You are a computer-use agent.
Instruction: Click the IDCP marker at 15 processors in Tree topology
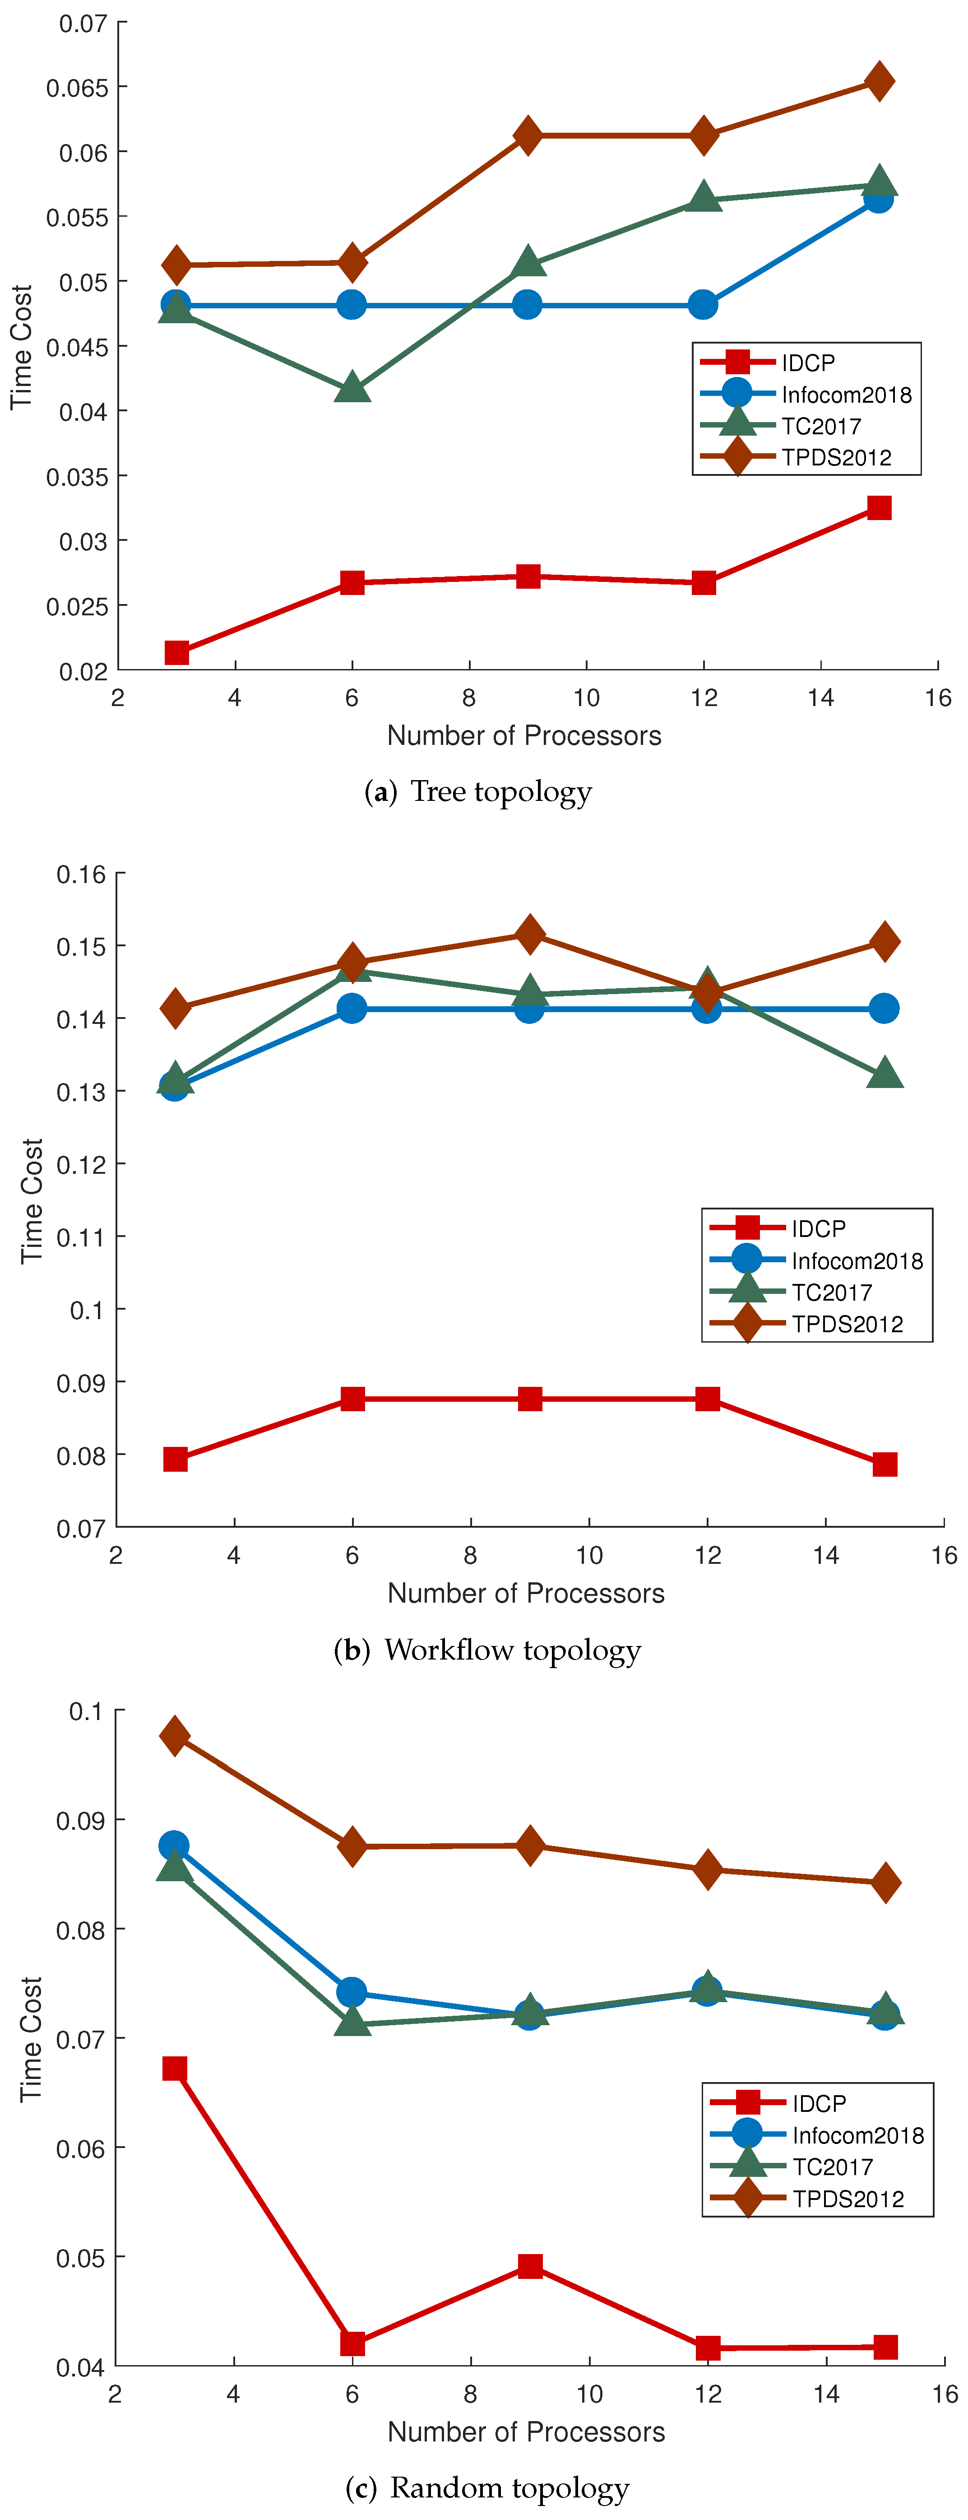(879, 508)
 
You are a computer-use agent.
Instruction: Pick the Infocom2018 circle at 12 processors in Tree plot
(703, 305)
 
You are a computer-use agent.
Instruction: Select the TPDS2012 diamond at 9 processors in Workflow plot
(529, 935)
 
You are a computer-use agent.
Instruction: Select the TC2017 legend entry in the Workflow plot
(831, 1293)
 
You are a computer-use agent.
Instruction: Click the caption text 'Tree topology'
(500, 791)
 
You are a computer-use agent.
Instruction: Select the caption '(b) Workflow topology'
(487, 1651)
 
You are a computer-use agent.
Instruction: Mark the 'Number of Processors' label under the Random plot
(526, 2432)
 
